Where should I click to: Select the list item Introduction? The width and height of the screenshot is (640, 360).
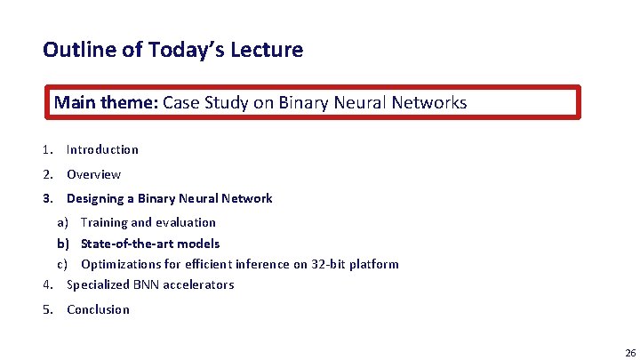click(102, 149)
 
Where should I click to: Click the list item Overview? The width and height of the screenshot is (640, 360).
click(93, 174)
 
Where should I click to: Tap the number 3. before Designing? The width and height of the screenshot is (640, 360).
click(48, 198)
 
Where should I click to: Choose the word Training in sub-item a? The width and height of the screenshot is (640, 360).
click(104, 222)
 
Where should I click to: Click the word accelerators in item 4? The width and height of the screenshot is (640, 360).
click(201, 284)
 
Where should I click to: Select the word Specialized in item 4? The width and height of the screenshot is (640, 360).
click(99, 284)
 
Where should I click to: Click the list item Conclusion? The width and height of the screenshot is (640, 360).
click(98, 309)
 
